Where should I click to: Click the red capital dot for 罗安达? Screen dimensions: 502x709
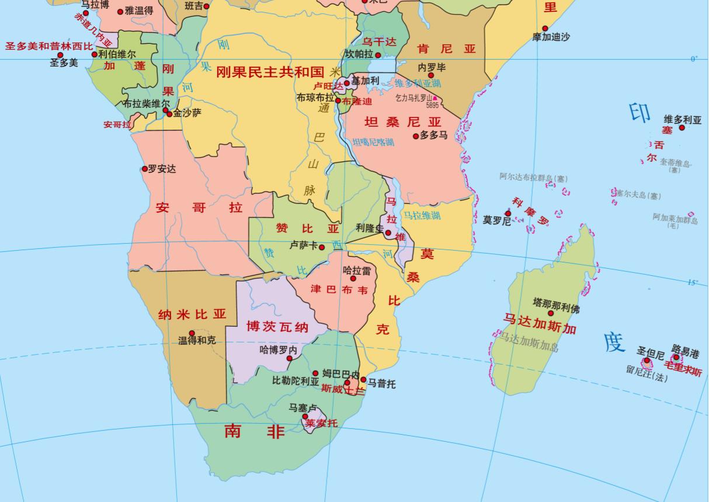[145, 169]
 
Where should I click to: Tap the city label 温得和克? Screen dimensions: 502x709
[197, 340]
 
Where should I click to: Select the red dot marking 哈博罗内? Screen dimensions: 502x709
[290, 359]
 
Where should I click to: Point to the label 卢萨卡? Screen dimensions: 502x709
[303, 246]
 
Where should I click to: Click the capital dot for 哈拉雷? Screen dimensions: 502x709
[353, 279]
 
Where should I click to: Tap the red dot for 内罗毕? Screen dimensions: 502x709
[431, 75]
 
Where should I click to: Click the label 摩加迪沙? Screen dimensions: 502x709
[551, 37]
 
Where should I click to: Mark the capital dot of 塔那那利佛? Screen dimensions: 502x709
[550, 313]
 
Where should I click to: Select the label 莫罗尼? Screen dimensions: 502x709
[496, 221]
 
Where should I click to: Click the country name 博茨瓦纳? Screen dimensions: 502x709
[277, 326]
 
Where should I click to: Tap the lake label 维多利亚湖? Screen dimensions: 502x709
[418, 84]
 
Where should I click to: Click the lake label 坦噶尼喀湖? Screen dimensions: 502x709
[373, 142]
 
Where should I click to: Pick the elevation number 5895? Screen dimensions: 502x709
[432, 106]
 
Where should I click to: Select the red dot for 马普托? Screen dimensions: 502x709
[363, 380]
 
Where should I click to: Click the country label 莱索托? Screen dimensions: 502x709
[321, 423]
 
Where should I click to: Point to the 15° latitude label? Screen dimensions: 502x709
[693, 282]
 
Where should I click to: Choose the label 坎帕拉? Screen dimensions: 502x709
[359, 54]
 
